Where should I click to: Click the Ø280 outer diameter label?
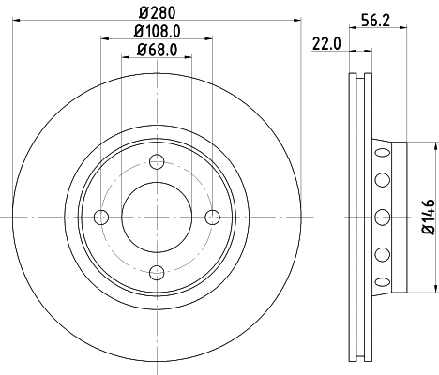(x=157, y=13)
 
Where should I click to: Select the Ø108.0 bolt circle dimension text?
(x=157, y=32)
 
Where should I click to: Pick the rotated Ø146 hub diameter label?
(x=427, y=217)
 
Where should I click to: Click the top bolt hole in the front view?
(x=158, y=162)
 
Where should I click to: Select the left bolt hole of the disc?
(x=102, y=217)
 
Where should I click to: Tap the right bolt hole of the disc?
(x=213, y=217)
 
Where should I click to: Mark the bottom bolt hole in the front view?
(x=158, y=273)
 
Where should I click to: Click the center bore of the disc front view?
(x=158, y=217)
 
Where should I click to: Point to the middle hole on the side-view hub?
(x=382, y=217)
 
